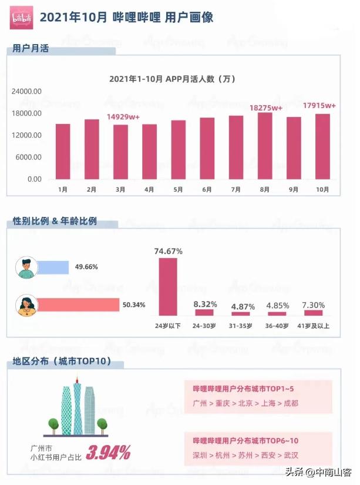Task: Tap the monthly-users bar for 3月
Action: tap(120, 152)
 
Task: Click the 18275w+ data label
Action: tap(266, 108)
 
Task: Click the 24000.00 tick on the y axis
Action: tap(27, 92)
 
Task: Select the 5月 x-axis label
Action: tap(178, 189)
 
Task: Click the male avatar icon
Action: tap(26, 267)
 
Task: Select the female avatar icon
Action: tap(26, 305)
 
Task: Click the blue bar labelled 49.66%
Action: tap(53, 267)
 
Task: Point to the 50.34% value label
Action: tap(134, 305)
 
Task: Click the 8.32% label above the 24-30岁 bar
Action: tap(206, 304)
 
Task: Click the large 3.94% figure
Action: tap(108, 453)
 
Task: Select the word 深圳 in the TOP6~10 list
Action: tap(200, 456)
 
